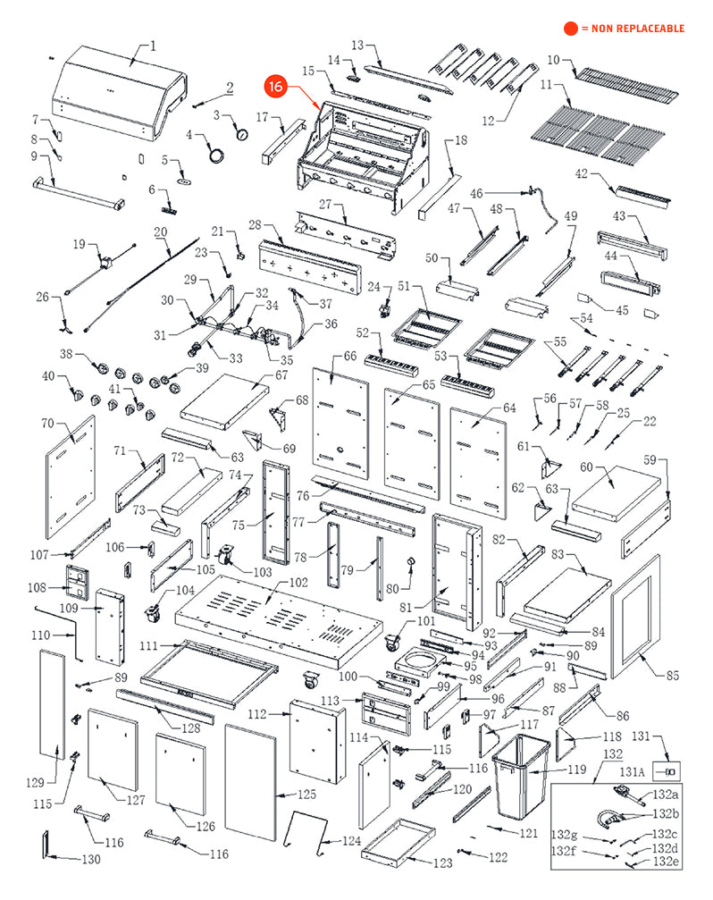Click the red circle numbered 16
276,86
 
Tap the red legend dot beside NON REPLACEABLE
571,28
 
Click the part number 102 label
298,583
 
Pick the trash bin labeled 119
520,777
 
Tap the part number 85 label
672,676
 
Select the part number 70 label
47,423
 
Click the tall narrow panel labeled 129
52,705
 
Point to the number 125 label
306,795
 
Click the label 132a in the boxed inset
666,795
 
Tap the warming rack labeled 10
626,84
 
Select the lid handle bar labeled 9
79,192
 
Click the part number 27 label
325,205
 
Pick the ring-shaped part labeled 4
216,156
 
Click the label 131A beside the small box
631,772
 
